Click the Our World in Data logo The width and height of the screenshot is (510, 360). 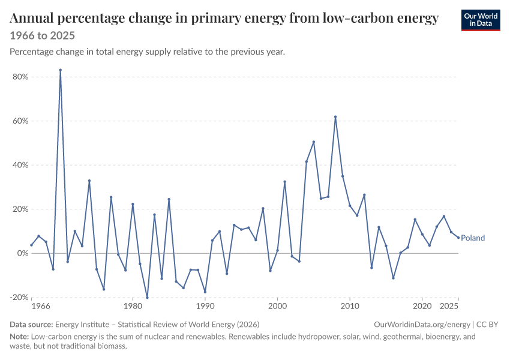481,20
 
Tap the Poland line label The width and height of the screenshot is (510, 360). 473,238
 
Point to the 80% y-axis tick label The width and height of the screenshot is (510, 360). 20,77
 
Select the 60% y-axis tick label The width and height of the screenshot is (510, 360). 20,121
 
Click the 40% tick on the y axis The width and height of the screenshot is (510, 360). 20,165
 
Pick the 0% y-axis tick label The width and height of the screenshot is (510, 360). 22,253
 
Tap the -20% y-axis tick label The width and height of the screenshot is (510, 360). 19,297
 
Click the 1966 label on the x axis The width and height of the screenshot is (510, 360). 41,306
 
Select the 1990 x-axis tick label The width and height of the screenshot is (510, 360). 205,306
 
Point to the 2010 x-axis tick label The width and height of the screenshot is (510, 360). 350,306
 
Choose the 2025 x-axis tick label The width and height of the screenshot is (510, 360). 449,306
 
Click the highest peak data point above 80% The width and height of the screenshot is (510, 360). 61,70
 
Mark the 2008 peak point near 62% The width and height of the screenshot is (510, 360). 335,117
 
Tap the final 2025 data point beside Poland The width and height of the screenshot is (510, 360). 458,238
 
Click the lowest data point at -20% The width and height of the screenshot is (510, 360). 148,298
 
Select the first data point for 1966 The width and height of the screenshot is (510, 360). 32,245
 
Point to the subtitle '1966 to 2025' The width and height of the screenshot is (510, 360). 42,35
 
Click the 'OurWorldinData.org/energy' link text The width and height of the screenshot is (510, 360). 422,325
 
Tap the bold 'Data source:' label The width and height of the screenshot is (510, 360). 31,325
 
